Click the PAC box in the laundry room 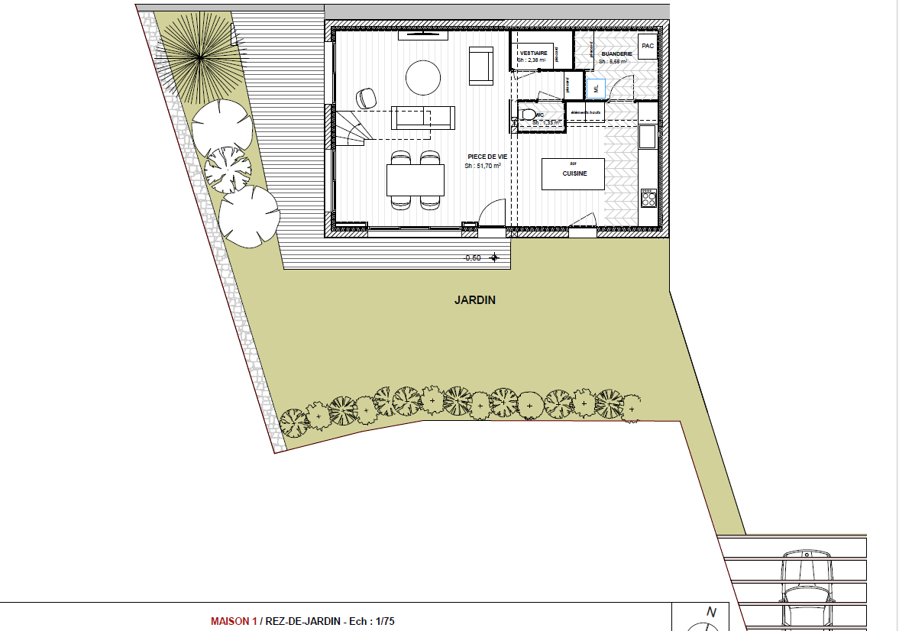point(648,46)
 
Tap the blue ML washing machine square point(595,89)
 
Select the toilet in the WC point(525,116)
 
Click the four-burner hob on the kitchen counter point(648,199)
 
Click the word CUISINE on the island point(574,174)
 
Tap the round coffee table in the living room point(422,76)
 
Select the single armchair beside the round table point(481,66)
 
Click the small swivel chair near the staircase point(367,98)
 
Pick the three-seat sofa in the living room point(423,118)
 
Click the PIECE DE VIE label point(487,157)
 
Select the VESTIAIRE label point(533,53)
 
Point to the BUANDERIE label point(616,54)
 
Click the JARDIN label point(475,300)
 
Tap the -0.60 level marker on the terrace point(472,258)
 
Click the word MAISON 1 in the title point(234,621)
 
